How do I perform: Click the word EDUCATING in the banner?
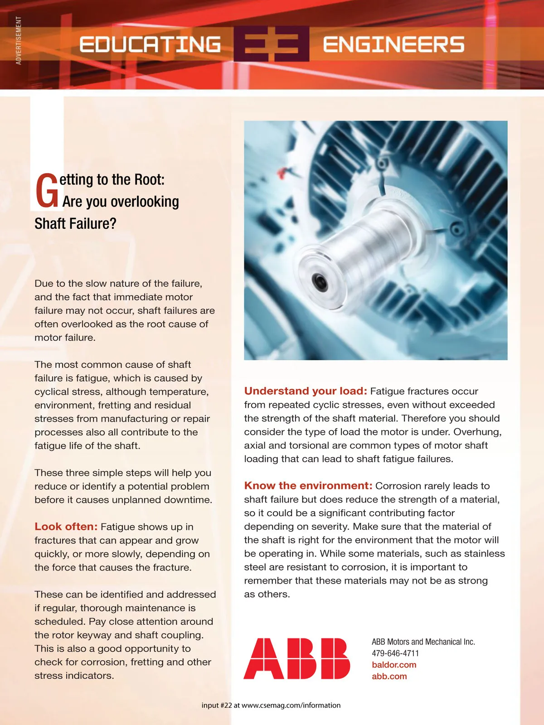(x=150, y=44)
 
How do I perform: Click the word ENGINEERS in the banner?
(x=393, y=44)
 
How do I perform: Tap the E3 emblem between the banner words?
(x=272, y=44)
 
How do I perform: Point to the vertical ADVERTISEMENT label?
(x=19, y=40)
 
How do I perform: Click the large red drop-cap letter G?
(x=47, y=191)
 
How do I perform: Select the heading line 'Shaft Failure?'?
(x=75, y=223)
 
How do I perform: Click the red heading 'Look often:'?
(x=66, y=527)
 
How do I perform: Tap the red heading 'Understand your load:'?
(x=306, y=391)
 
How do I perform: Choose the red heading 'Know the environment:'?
(x=308, y=486)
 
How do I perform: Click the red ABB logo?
(x=297, y=658)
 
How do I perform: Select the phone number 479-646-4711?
(x=395, y=653)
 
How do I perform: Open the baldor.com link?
(x=394, y=665)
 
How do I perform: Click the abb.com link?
(x=389, y=676)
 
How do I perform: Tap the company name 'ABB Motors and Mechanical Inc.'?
(x=423, y=642)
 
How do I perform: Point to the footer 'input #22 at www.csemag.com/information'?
(x=271, y=705)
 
